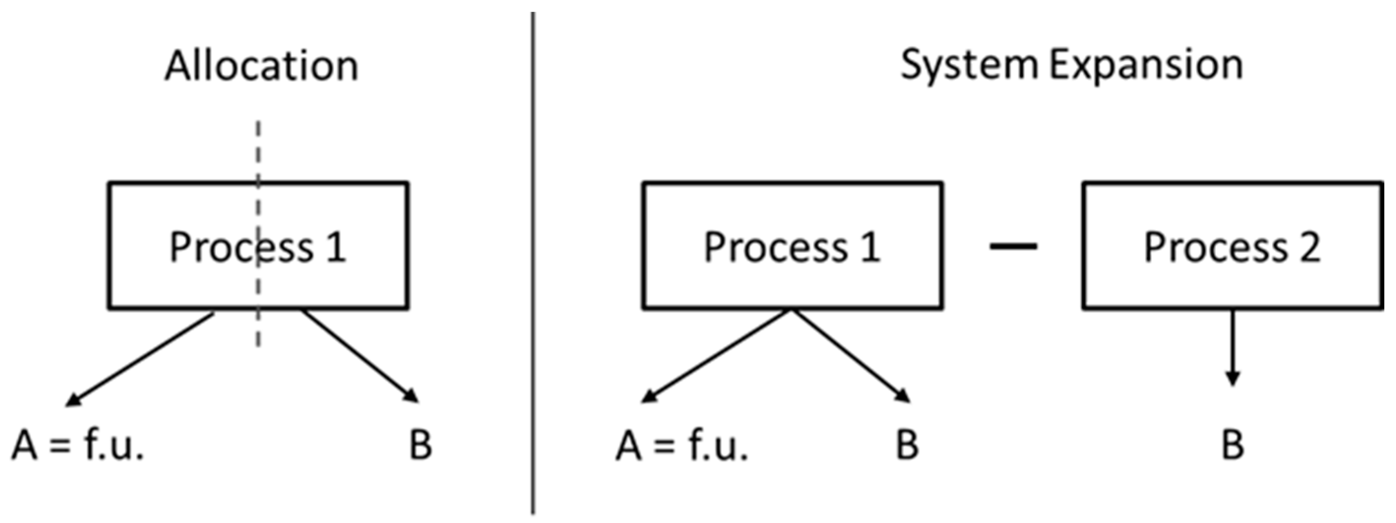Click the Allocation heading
261,66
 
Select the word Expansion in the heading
1146,66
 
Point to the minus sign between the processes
1013,247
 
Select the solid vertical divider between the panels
533,379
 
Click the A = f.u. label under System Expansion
682,445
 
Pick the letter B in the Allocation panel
421,445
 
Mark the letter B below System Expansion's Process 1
907,445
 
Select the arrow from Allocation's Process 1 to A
140,358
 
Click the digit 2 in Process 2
1310,247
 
